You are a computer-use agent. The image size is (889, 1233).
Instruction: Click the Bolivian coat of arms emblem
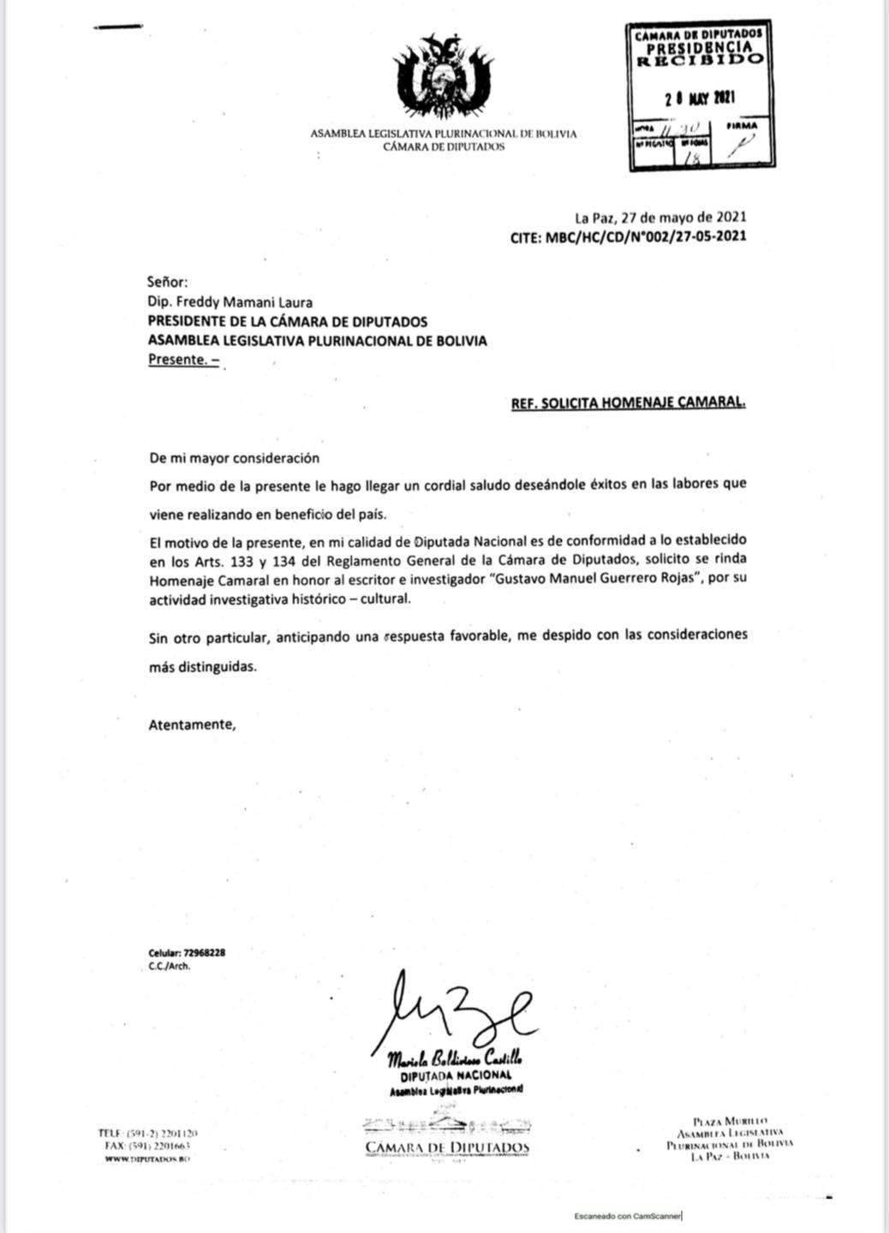coord(443,80)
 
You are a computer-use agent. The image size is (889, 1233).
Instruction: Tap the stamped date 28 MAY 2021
coord(701,98)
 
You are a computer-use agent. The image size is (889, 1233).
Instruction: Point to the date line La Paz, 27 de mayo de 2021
coord(660,217)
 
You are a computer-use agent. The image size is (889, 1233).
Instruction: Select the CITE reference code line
coord(628,235)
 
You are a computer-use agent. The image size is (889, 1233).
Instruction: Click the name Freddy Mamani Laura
coord(230,301)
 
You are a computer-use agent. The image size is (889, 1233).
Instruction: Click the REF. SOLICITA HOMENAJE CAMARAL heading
coord(628,402)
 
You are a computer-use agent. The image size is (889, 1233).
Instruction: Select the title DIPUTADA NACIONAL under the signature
coord(456,1075)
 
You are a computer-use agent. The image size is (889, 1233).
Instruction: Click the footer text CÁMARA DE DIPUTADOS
coord(447,1147)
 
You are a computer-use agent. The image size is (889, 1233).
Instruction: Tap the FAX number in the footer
coord(159,1146)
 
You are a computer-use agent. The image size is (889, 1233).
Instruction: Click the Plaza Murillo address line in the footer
coord(731,1121)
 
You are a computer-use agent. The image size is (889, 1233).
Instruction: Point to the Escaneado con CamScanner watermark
coord(629,1216)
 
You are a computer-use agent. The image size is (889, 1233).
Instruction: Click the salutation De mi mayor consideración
coord(234,458)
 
